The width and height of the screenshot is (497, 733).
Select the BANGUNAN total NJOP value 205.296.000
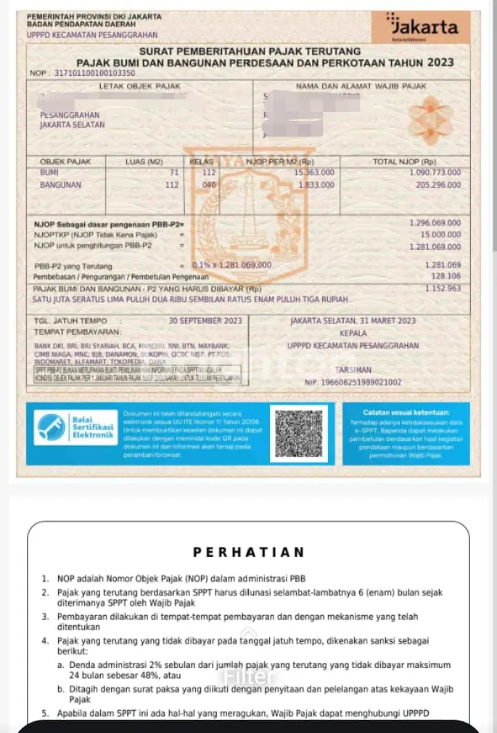pos(438,185)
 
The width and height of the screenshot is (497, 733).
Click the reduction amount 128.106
pos(445,275)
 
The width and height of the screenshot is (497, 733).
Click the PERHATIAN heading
pos(248,552)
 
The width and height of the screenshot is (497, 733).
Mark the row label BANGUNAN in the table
pos(60,185)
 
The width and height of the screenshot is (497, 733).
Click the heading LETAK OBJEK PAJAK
pos(139,86)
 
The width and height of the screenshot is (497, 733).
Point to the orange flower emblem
pos(429,115)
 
